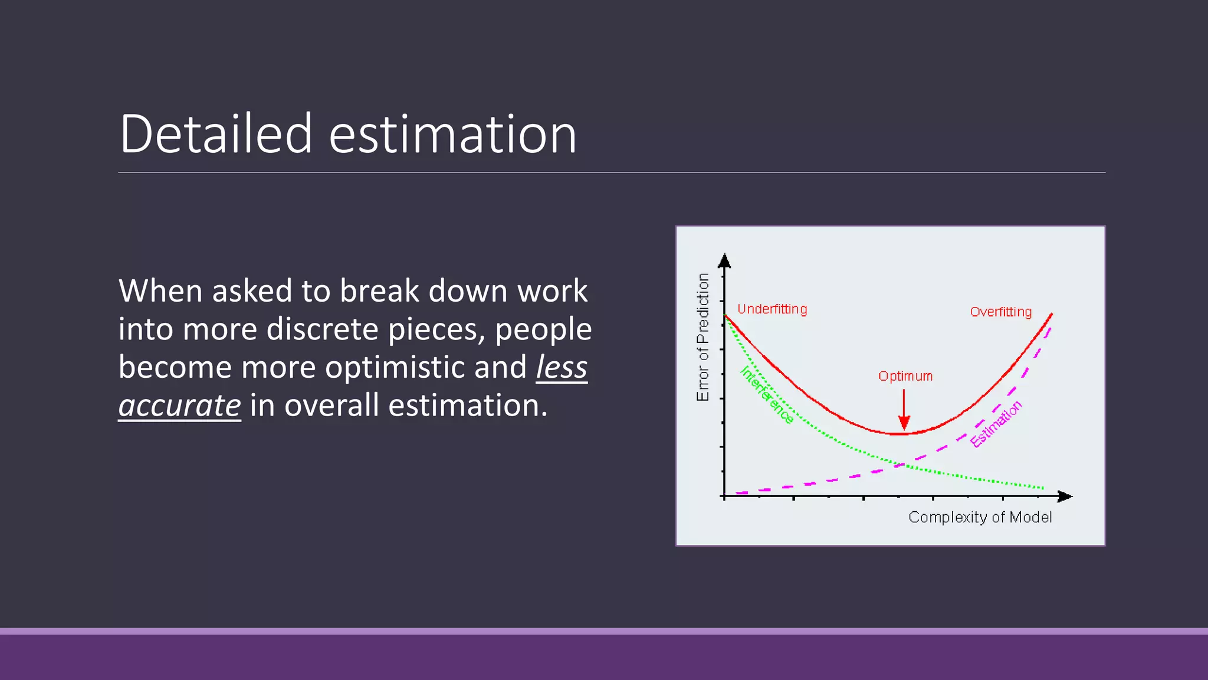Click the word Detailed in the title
coord(216,135)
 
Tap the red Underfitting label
coord(772,309)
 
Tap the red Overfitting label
coord(1000,312)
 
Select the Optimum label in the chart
coord(905,377)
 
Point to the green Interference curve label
coord(766,395)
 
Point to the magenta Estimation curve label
coord(996,424)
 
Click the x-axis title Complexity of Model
coord(980,518)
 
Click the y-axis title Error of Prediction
coord(703,337)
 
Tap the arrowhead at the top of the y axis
coord(724,261)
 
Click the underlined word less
coord(561,367)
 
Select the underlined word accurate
coord(179,406)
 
